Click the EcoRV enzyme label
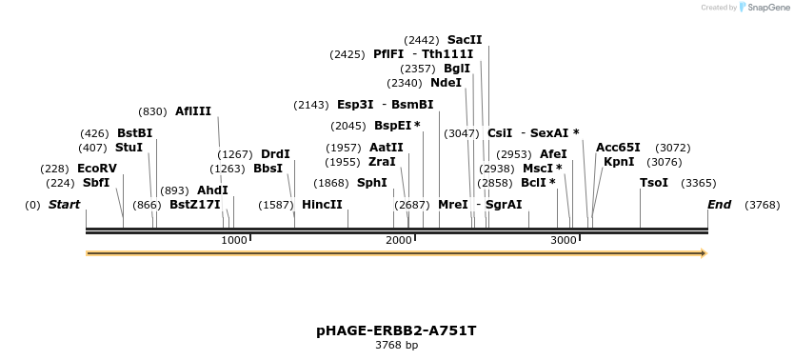97,169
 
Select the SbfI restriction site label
96,182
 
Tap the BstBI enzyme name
134,132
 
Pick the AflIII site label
193,111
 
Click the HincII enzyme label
322,204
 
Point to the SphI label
371,182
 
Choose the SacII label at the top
465,40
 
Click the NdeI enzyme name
447,83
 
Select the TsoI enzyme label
654,182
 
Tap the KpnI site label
619,161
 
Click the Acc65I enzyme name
618,148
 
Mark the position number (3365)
699,182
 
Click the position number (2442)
422,40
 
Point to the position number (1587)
276,204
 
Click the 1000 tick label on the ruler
234,240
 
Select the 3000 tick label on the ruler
564,240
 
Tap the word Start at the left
64,204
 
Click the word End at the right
720,204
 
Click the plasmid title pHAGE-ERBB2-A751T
396,330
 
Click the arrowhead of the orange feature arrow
704,253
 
